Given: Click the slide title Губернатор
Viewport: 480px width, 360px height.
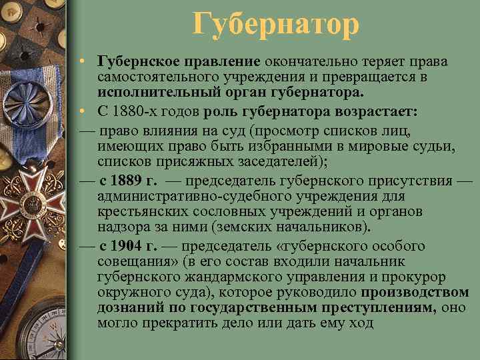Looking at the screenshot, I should click(276, 25).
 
